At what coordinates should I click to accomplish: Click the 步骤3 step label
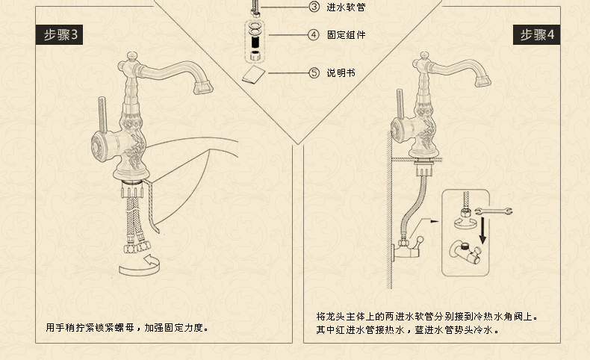60,34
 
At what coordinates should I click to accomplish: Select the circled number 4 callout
314,35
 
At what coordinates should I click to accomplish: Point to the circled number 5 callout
314,72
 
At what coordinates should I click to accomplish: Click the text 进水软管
346,7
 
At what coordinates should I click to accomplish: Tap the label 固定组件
346,35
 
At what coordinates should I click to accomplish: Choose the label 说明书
341,73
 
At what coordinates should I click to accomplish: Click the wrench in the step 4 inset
494,211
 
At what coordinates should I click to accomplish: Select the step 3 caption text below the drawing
127,327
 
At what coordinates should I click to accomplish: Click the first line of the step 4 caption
426,317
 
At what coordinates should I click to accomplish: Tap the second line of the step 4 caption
407,329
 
